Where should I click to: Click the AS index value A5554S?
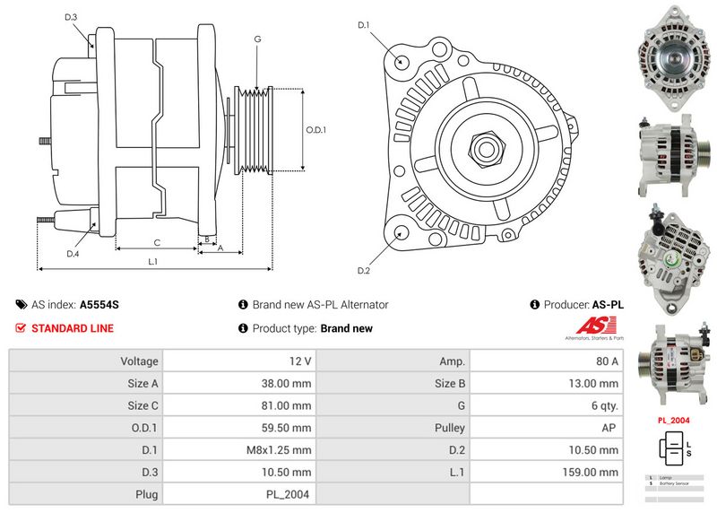tap(99, 305)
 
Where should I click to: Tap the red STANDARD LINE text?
tap(72, 328)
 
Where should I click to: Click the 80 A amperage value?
tap(608, 361)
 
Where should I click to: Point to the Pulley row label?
tap(450, 428)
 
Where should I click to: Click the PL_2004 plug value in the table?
tap(290, 494)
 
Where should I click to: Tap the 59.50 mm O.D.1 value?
tap(289, 428)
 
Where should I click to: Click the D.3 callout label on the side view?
tap(72, 18)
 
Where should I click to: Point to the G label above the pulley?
tap(257, 39)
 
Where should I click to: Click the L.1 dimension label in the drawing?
tap(153, 261)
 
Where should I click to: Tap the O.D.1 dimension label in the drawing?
tap(315, 129)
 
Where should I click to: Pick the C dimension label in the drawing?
tap(156, 242)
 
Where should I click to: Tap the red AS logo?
tap(595, 327)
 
